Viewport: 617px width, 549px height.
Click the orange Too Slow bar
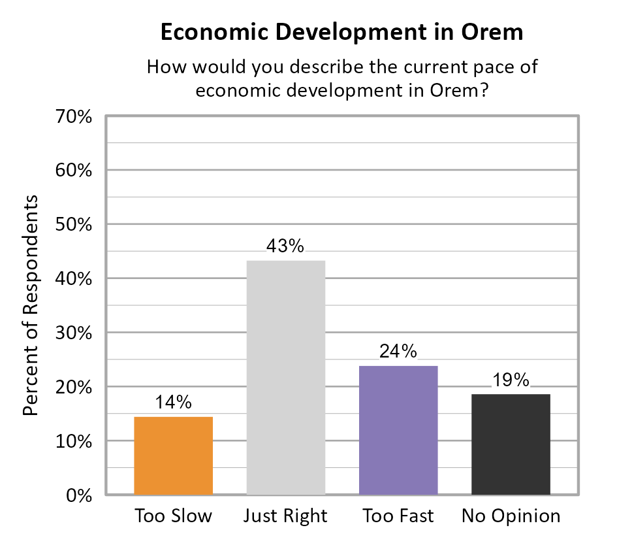click(173, 456)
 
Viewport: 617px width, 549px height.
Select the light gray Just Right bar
click(285, 377)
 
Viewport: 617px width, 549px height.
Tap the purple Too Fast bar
click(398, 429)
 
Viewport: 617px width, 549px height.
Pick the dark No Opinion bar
click(511, 444)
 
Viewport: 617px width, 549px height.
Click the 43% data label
click(285, 247)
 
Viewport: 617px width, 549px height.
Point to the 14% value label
click(173, 403)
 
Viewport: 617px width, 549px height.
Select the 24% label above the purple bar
click(398, 352)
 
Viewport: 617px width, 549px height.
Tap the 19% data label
click(511, 380)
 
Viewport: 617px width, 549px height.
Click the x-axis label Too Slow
click(173, 516)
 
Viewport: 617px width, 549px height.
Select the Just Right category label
click(285, 516)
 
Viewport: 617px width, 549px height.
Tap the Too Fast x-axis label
click(398, 516)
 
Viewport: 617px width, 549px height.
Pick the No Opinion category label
click(511, 516)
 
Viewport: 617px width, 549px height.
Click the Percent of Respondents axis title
click(31, 305)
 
